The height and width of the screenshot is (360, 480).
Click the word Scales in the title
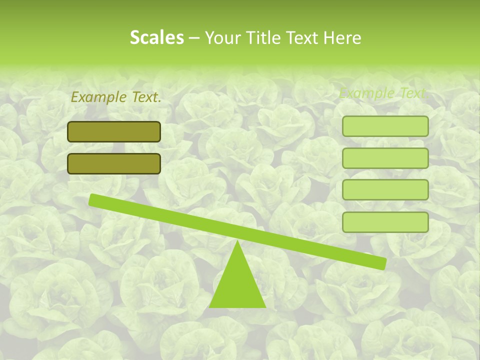pyautogui.click(x=156, y=37)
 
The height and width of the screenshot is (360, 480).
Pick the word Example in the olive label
pyautogui.click(x=98, y=97)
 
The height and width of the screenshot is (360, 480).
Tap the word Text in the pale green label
pyautogui.click(x=412, y=93)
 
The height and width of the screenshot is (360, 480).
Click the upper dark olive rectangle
pyautogui.click(x=114, y=131)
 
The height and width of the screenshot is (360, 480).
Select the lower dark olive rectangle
pyautogui.click(x=114, y=163)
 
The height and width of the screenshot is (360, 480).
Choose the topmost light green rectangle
pyautogui.click(x=385, y=126)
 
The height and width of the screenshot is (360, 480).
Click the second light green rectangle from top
pyautogui.click(x=385, y=158)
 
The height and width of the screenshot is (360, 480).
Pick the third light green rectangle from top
pyautogui.click(x=385, y=190)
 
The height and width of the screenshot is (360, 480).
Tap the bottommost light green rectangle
pyautogui.click(x=385, y=222)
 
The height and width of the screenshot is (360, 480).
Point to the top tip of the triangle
pyautogui.click(x=237, y=241)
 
